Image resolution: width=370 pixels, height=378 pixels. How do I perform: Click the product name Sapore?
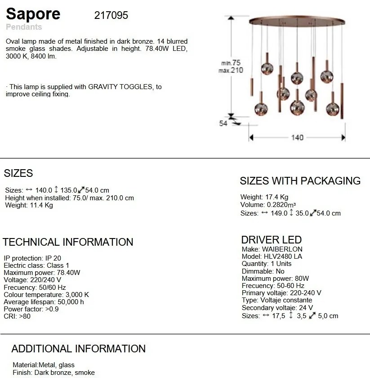click(x=33, y=13)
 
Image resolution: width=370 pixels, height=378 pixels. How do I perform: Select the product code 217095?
click(x=111, y=15)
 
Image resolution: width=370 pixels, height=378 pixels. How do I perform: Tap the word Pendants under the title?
click(x=24, y=27)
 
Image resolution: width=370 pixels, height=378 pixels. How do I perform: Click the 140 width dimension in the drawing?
click(x=297, y=138)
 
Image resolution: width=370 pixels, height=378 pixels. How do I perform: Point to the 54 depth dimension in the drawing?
click(x=223, y=123)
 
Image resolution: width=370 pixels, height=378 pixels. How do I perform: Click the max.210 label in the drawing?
click(x=231, y=71)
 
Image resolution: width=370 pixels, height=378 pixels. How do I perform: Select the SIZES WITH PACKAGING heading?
click(x=300, y=181)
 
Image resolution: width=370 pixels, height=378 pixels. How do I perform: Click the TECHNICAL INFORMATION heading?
click(x=68, y=242)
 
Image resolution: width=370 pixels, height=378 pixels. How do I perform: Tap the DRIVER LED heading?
click(x=271, y=240)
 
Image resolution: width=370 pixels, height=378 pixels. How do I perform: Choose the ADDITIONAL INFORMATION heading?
click(x=78, y=349)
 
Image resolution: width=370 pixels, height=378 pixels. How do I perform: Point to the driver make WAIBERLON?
click(x=282, y=249)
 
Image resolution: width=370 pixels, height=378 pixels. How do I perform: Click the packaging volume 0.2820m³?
click(x=283, y=205)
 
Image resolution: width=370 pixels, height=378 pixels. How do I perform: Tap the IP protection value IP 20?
click(x=53, y=258)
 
